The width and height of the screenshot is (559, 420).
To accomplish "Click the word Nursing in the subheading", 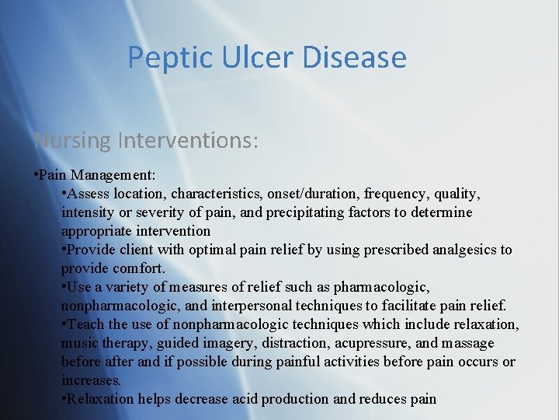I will pos(73,141).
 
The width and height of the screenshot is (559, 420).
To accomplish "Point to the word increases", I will pos(91,380).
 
